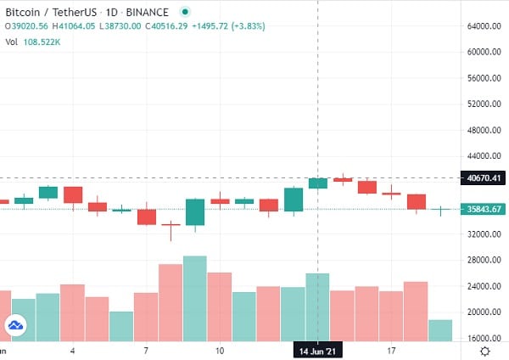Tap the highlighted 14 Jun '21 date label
point(317,350)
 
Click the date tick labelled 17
point(392,350)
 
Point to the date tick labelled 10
point(220,350)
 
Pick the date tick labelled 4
point(73,350)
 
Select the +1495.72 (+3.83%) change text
point(229,26)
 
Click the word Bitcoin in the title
point(26,11)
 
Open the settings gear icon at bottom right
point(484,350)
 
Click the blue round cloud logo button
point(15,324)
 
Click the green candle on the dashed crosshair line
point(318,183)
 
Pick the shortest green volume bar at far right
point(440,330)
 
